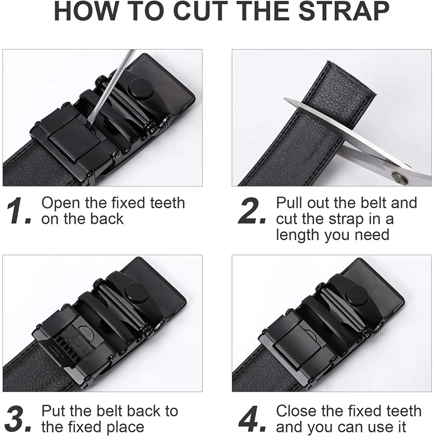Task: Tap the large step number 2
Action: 252,211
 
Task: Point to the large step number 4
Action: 252,419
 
